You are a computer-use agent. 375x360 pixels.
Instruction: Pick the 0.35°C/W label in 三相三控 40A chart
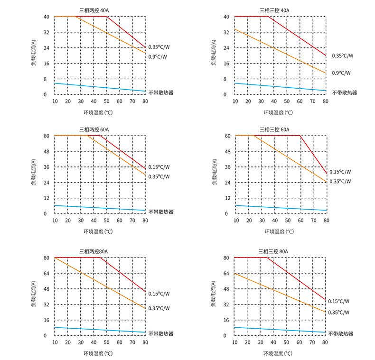[x=342, y=55]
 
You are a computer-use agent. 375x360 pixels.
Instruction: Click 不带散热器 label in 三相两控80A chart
[x=161, y=333]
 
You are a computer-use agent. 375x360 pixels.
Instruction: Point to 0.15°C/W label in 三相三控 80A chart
[x=338, y=301]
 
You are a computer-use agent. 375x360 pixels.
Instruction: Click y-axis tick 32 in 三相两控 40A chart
[x=46, y=32]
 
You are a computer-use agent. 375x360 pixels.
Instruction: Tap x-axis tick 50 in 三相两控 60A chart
[x=106, y=221]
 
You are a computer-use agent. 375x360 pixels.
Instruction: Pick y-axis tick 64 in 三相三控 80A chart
[x=226, y=274]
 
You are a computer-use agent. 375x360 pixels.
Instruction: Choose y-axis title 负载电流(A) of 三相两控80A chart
[x=34, y=296]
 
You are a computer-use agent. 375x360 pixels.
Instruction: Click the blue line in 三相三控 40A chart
[x=280, y=86]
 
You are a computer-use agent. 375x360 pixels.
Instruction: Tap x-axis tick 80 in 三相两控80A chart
[x=145, y=342]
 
